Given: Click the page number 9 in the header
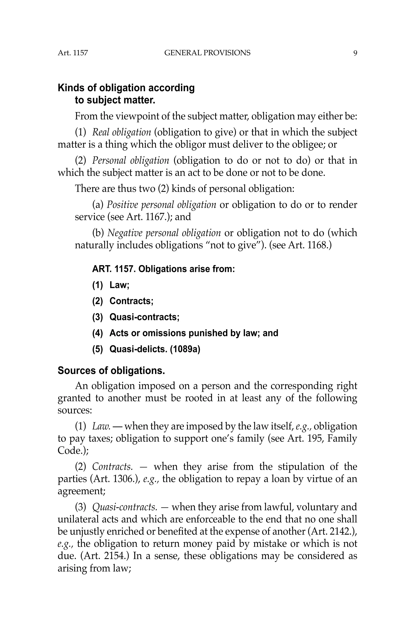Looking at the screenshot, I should click(x=355, y=53).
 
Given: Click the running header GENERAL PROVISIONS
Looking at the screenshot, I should click(x=207, y=53).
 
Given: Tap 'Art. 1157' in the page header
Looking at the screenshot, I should click(x=73, y=53).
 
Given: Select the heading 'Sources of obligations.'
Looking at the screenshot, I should click(x=111, y=371).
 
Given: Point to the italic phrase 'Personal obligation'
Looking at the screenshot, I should click(x=130, y=161).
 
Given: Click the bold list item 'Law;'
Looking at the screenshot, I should click(x=119, y=285).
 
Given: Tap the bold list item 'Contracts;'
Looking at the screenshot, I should click(x=131, y=301).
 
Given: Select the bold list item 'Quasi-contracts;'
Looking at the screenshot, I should click(x=144, y=317).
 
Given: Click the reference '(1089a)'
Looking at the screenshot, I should click(x=185, y=349).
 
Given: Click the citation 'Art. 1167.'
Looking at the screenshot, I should click(x=139, y=217).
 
